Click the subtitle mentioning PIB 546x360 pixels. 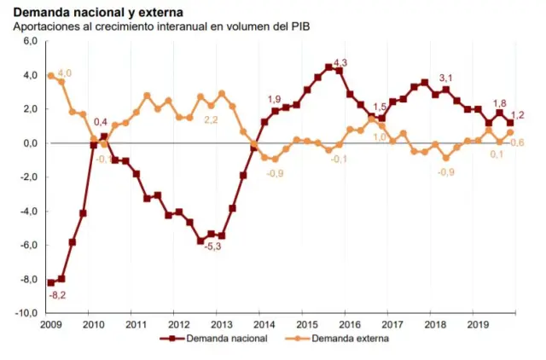pos(161,28)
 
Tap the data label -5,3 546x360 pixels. pos(212,247)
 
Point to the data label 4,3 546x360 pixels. pos(340,62)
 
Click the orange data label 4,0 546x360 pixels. pos(65,73)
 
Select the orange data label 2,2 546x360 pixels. pos(211,119)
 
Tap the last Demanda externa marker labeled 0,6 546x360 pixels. pos(510,132)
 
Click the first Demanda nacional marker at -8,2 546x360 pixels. pos(50,282)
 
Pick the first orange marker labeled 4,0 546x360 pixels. pos(50,76)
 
